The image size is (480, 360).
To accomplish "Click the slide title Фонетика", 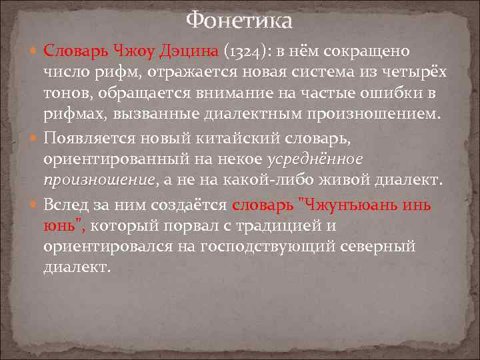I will tap(239, 21).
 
